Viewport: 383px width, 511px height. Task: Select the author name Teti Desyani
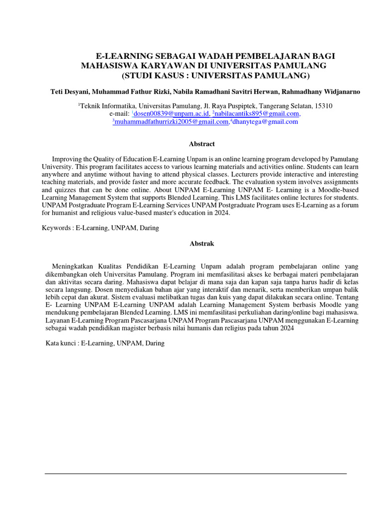70,92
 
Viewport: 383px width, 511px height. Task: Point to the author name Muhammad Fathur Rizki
130,92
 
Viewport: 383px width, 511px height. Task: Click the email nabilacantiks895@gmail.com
256,114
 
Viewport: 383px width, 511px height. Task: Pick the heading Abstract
201,144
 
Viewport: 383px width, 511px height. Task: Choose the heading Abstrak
201,244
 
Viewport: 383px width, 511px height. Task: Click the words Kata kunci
60,343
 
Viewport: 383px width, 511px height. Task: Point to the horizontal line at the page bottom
195,473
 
